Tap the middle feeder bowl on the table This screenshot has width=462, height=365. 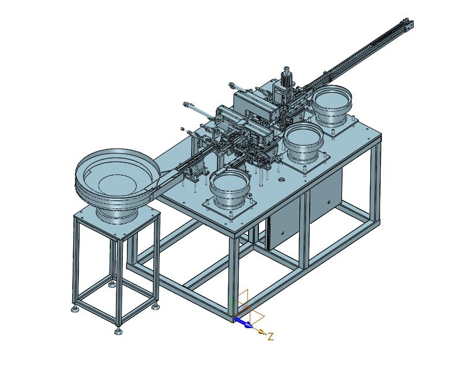click(x=303, y=140)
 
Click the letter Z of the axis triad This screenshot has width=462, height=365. click(x=271, y=336)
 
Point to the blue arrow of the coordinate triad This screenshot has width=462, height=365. click(x=243, y=322)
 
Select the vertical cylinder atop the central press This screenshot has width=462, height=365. click(x=286, y=75)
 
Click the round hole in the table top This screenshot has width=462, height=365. click(x=281, y=178)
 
